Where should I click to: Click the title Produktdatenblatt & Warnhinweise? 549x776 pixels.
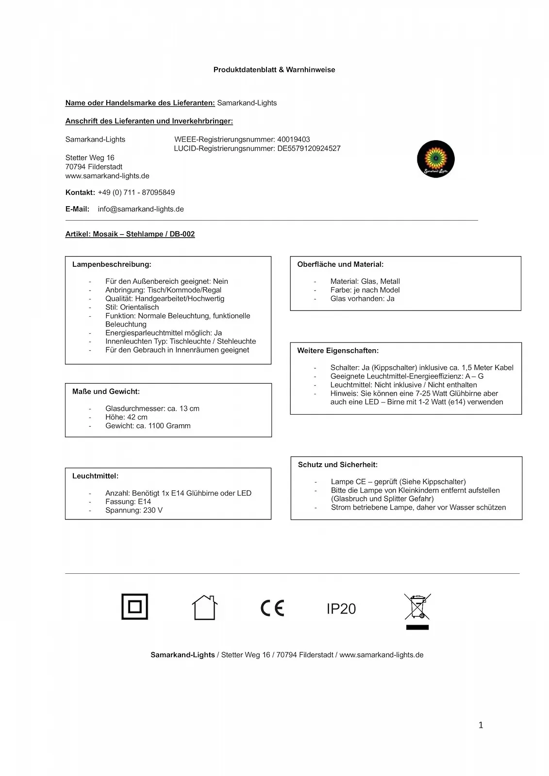(274, 70)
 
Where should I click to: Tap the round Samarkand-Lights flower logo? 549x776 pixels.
(435, 159)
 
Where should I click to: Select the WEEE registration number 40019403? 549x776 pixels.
(293, 140)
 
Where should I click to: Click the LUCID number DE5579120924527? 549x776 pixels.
(309, 148)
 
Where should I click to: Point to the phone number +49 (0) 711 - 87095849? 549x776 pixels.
(136, 193)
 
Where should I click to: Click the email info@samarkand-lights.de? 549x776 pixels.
(141, 209)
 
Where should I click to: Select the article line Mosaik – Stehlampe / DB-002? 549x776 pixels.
(130, 234)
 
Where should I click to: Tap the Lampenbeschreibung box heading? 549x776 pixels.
(112, 265)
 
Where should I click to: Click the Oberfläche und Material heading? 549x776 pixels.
(340, 265)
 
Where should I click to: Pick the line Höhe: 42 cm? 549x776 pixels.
(126, 417)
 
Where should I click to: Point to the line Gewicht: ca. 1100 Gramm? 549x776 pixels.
(148, 426)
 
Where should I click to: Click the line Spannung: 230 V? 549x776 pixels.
(133, 510)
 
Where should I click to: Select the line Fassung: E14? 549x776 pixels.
(128, 501)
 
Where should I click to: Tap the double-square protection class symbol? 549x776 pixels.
(134, 607)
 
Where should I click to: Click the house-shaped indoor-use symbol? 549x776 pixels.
(204, 607)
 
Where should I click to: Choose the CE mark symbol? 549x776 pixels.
(272, 608)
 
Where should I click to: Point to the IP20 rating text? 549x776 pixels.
(341, 609)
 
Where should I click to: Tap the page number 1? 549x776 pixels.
(481, 726)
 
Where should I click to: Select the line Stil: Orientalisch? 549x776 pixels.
(132, 307)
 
